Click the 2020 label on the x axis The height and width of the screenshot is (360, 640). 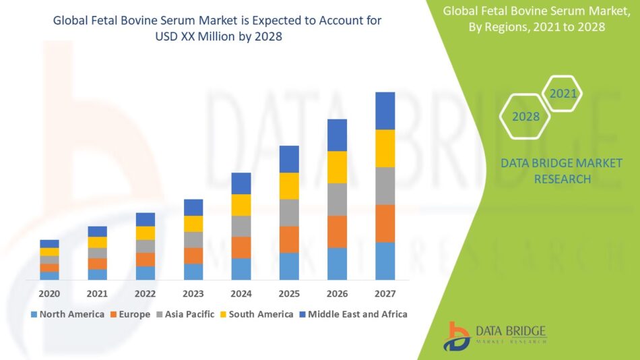(49, 294)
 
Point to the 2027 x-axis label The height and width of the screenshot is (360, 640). (385, 294)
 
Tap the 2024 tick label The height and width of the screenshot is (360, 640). (241, 294)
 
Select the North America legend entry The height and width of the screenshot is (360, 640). (67, 314)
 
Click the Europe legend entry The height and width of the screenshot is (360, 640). (131, 314)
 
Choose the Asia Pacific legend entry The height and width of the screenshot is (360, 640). (187, 314)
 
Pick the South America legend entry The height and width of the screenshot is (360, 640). (257, 314)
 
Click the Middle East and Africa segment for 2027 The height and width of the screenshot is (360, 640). (385, 111)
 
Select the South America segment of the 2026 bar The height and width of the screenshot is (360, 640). (337, 167)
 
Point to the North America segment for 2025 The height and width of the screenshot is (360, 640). (289, 266)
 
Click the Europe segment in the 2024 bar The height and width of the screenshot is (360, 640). (241, 247)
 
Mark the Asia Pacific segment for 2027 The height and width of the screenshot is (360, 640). (385, 186)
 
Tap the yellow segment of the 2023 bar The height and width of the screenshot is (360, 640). (193, 224)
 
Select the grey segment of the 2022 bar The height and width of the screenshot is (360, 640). (146, 246)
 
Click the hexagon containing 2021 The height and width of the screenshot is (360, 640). (563, 94)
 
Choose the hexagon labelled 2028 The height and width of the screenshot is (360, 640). (525, 117)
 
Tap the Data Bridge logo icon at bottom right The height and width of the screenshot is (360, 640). (456, 335)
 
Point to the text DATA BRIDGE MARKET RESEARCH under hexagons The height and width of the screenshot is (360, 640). (562, 171)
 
